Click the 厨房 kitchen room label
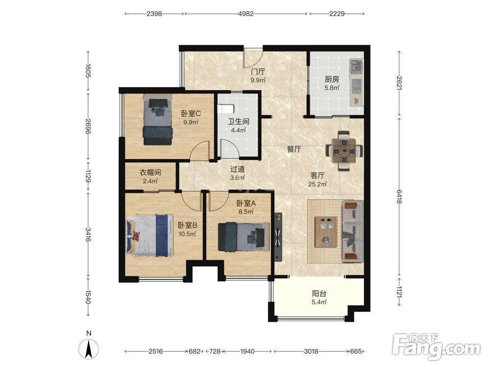click(x=332, y=79)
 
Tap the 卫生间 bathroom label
click(x=239, y=122)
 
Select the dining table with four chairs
click(x=344, y=151)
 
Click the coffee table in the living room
click(x=326, y=231)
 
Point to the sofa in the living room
click(x=353, y=231)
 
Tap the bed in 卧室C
click(x=157, y=119)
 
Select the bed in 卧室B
click(x=149, y=235)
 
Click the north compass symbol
click(x=89, y=346)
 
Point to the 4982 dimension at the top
click(x=246, y=14)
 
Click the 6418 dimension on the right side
click(x=399, y=197)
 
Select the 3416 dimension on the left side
click(x=88, y=235)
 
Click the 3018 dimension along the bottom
click(x=311, y=351)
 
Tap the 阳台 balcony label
click(x=319, y=293)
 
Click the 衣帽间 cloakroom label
click(x=150, y=172)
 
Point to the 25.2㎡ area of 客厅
click(x=317, y=184)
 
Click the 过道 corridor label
click(x=237, y=169)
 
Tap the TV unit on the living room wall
click(x=278, y=237)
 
